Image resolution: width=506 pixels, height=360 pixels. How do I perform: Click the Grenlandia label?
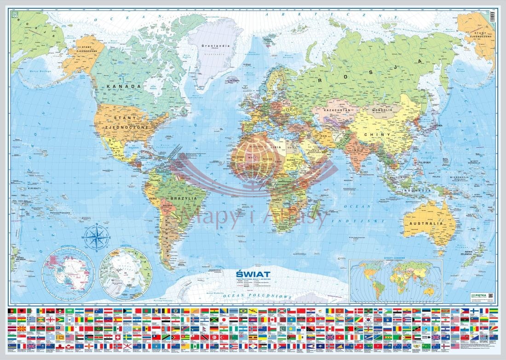[212, 46]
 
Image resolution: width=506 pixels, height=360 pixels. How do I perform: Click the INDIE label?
[358, 150]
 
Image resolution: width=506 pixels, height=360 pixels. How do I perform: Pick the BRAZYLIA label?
[184, 199]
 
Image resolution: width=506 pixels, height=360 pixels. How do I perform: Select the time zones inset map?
[396, 281]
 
